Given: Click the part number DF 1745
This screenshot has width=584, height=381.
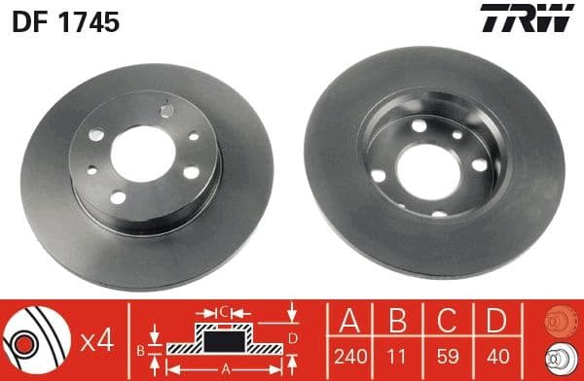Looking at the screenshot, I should pos(64,21).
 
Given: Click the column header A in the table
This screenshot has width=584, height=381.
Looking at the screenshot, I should pos(347,322).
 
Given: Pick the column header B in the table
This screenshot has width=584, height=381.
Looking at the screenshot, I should pos(399,322).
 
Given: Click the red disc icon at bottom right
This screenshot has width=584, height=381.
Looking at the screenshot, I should pos(559,322).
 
